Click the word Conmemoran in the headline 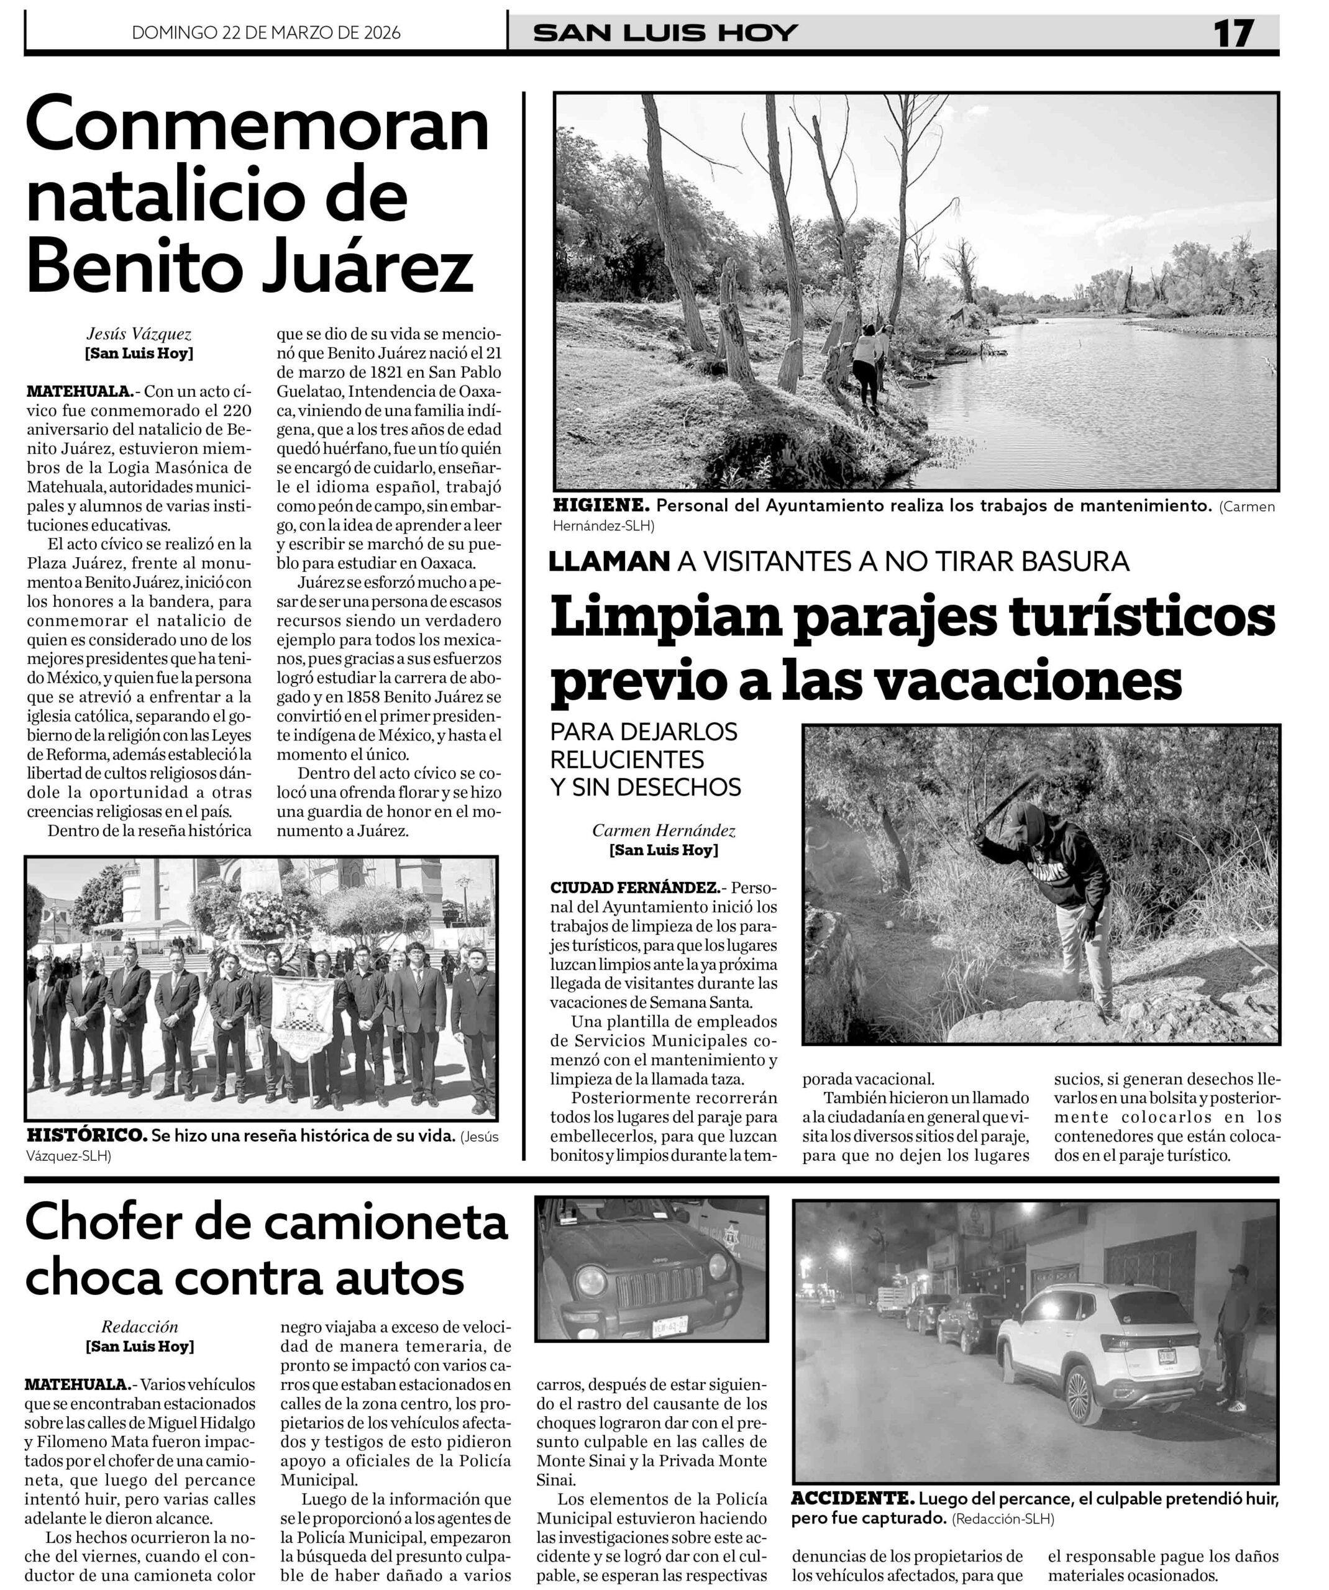(257, 127)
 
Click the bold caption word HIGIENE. (601, 506)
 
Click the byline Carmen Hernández (664, 830)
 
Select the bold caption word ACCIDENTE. (852, 1498)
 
